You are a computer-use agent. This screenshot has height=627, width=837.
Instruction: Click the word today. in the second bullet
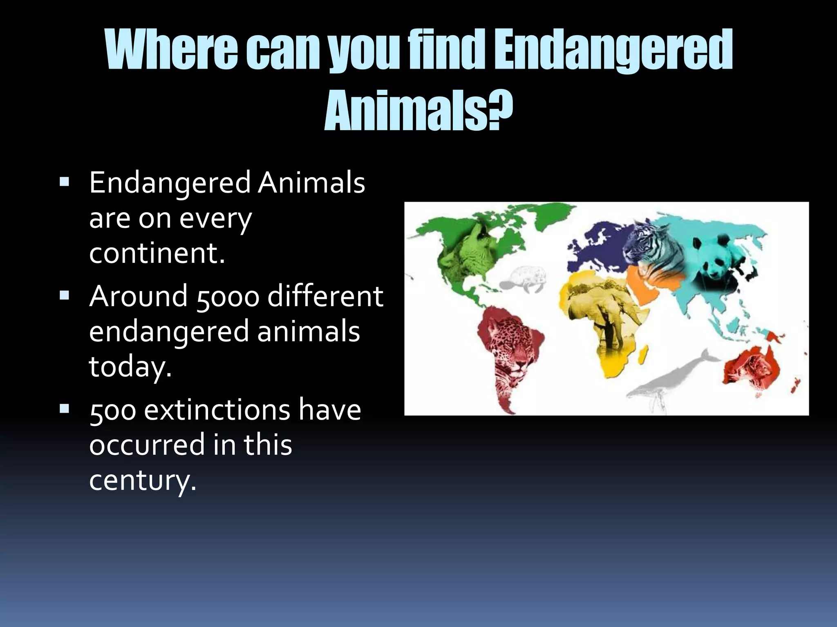pos(130,366)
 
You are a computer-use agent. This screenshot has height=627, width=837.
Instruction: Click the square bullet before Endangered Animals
pos(64,181)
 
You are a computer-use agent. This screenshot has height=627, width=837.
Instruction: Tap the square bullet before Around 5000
pos(64,295)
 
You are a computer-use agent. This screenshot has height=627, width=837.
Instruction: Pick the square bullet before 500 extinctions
pos(64,408)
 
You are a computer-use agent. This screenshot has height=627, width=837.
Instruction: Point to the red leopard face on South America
pos(509,351)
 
